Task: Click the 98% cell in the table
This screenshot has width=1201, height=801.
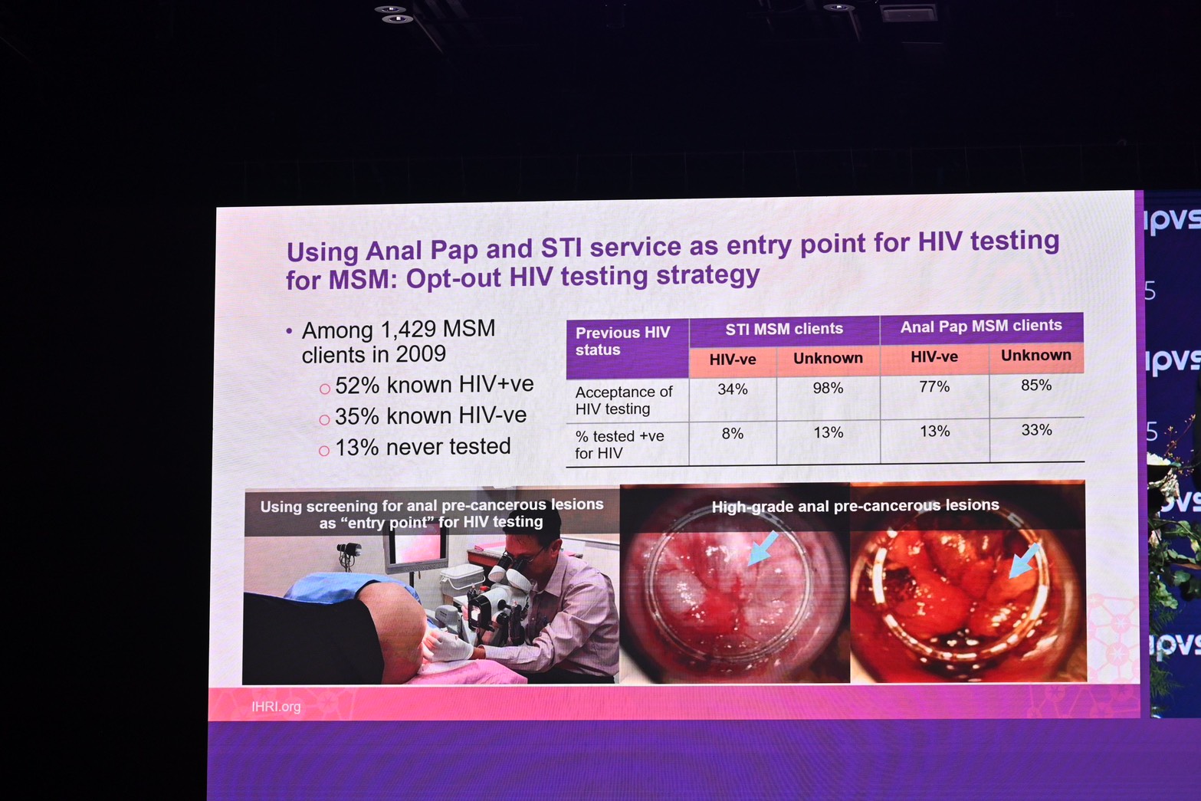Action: (828, 389)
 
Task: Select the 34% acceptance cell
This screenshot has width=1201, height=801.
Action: (732, 389)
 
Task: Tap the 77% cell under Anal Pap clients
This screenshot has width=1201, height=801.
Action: (934, 387)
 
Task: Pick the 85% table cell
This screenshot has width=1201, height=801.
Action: (1035, 386)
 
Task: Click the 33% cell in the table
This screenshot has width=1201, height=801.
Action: (1036, 430)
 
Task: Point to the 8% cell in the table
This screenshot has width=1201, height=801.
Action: (732, 434)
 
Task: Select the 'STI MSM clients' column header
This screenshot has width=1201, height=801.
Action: (783, 329)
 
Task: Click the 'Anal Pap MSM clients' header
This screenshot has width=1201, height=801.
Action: (980, 326)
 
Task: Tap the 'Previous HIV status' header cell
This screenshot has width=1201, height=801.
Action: (622, 341)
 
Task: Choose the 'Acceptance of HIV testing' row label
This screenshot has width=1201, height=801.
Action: (623, 400)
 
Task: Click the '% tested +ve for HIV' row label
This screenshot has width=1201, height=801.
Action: (619, 445)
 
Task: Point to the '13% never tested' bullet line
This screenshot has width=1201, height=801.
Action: (422, 447)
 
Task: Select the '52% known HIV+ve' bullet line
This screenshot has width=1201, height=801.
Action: (434, 385)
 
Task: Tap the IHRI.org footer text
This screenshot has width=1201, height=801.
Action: (276, 707)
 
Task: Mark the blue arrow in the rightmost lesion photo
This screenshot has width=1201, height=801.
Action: (1024, 560)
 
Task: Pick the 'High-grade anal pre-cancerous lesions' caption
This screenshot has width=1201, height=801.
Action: (855, 506)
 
